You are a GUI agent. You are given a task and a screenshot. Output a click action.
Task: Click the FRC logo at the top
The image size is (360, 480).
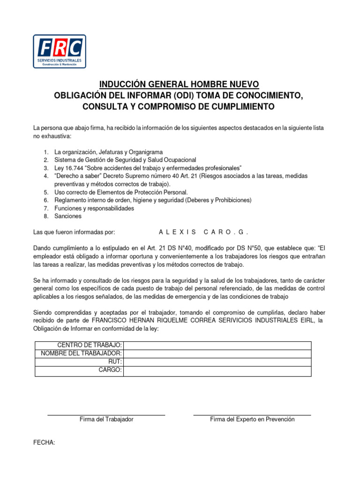[60, 52]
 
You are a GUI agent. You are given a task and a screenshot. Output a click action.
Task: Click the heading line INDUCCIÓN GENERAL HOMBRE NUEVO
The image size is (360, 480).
[179, 84]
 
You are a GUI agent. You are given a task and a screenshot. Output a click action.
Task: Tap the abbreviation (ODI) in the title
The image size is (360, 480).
[183, 96]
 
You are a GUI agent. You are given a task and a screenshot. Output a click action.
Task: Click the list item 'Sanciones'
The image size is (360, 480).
[68, 216]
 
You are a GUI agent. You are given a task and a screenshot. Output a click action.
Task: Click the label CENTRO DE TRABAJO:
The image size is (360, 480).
[90, 345]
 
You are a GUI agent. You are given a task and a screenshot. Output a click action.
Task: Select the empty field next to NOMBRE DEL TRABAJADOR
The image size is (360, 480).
[217, 353]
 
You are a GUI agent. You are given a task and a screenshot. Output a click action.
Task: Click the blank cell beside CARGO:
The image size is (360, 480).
[217, 371]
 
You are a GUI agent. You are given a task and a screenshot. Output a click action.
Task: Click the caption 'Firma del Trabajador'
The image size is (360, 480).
[106, 420]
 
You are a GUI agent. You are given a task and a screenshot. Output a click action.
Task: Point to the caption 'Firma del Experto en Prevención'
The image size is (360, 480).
[252, 420]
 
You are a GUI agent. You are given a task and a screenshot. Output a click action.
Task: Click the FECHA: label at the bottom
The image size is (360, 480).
[44, 442]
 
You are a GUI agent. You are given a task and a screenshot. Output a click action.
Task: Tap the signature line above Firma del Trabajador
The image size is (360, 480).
[106, 415]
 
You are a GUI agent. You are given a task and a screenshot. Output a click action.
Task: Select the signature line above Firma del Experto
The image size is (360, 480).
[252, 415]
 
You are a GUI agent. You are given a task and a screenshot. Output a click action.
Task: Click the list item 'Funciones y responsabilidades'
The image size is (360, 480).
[94, 208]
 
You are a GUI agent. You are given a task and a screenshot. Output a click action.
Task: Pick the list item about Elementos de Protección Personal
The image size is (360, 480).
[121, 192]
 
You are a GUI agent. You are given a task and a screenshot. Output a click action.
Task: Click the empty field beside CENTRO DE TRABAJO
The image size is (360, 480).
[217, 345]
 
